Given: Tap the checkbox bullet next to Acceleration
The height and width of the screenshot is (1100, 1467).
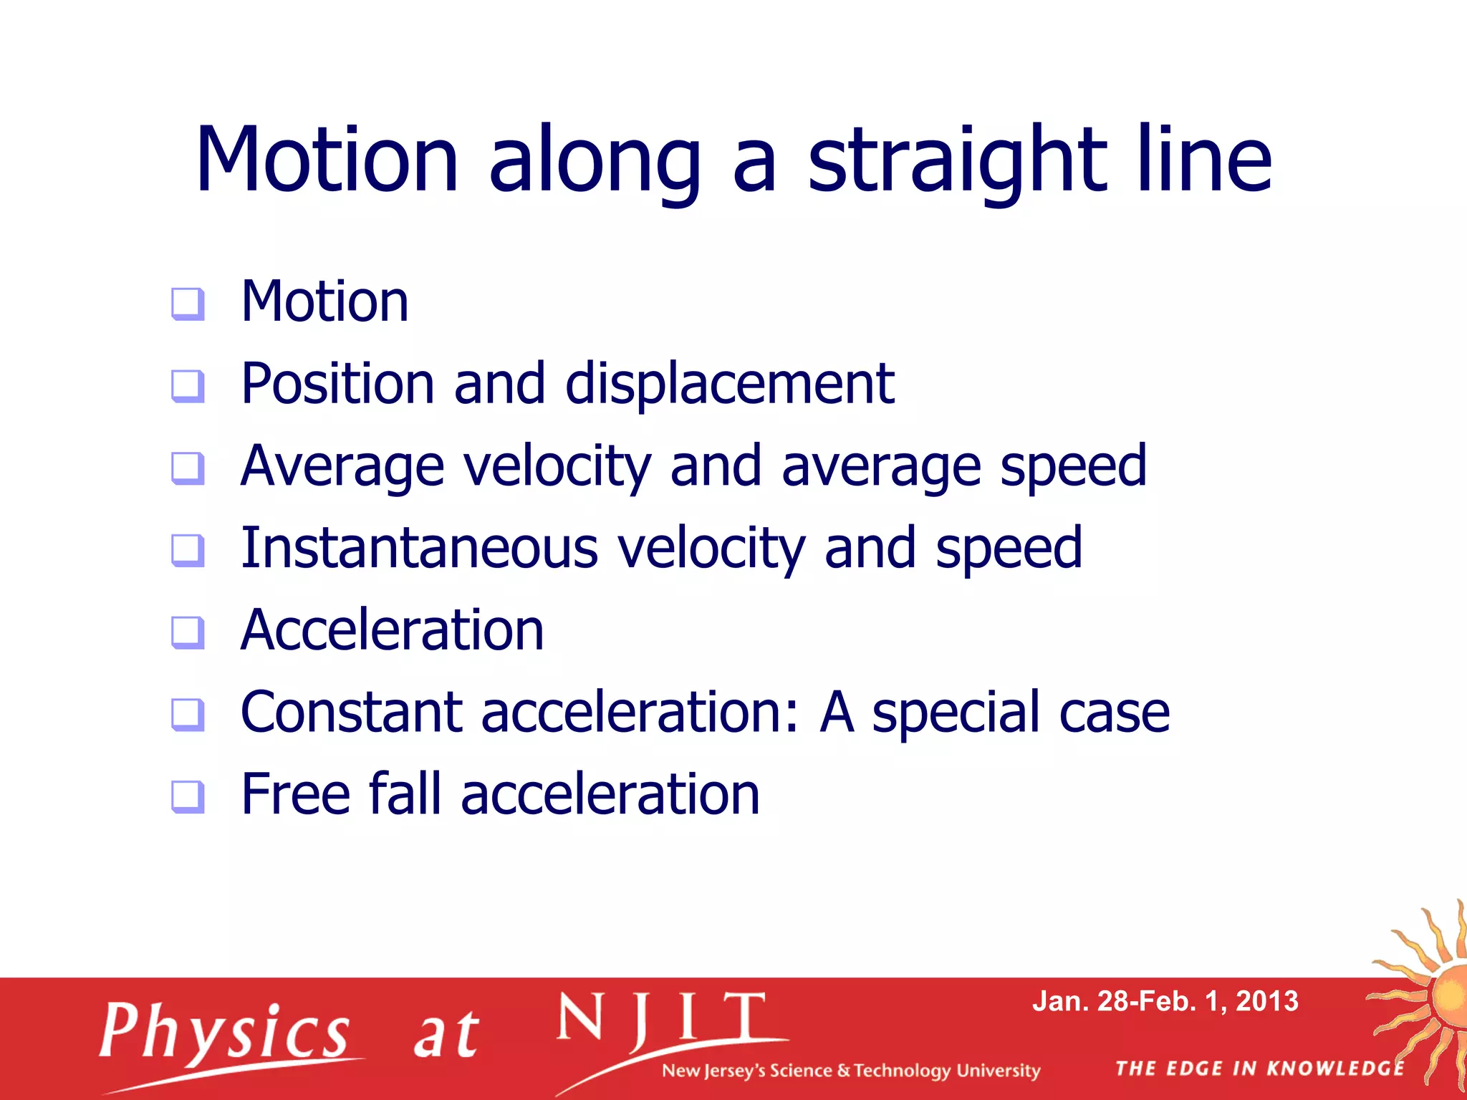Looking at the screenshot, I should (188, 632).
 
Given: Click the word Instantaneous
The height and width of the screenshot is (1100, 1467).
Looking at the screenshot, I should (419, 549).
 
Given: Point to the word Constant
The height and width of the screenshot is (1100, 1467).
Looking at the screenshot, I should (351, 713).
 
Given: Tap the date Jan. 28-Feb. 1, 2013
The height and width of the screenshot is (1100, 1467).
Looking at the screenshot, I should (1165, 1001).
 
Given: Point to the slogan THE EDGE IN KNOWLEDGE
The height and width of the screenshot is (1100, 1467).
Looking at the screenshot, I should (1260, 1069).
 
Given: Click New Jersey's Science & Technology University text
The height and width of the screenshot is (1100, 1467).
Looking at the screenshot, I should (850, 1071).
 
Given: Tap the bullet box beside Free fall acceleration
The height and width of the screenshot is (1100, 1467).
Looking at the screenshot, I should (188, 796).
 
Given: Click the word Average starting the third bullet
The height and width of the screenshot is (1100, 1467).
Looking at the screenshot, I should (342, 467).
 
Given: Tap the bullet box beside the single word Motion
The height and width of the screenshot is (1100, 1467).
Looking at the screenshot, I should (188, 304).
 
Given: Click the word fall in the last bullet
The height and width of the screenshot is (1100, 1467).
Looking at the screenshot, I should (405, 794).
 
